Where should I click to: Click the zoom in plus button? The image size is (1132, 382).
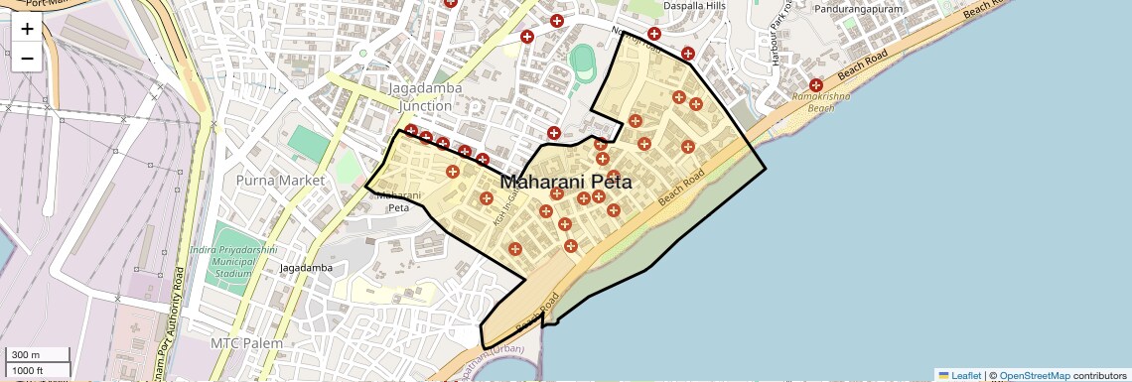[27, 30]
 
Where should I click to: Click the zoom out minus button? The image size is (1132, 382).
[27, 59]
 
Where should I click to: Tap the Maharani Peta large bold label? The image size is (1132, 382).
[566, 183]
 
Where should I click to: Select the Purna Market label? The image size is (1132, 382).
[280, 181]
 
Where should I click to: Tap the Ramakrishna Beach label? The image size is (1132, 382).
[827, 102]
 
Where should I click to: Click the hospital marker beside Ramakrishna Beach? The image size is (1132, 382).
[816, 85]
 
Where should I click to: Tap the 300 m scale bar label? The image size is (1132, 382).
[27, 355]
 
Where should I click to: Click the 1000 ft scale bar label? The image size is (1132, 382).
[30, 370]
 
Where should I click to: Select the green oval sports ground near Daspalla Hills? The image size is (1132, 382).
[580, 63]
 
